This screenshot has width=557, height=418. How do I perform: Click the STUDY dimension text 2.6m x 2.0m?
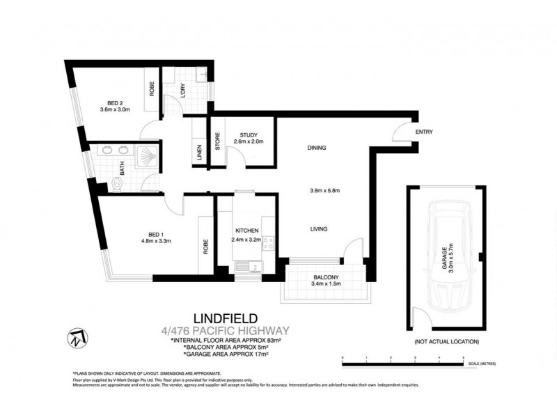point(249,142)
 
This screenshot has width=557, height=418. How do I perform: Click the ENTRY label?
point(424,132)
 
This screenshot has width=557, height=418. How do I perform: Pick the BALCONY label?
point(325,277)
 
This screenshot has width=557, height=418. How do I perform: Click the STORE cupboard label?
point(217,141)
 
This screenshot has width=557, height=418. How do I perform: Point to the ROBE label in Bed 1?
point(206,246)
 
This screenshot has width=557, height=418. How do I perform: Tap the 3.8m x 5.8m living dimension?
point(324,191)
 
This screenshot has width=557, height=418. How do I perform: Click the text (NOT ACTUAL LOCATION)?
point(446,341)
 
